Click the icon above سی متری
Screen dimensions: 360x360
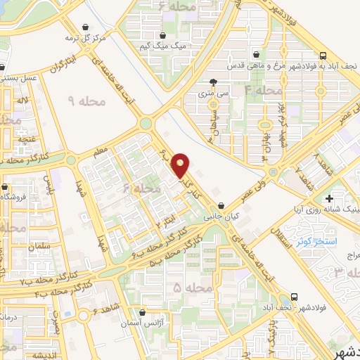224,82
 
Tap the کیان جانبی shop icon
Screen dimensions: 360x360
221,207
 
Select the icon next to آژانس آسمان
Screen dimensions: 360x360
143,311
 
